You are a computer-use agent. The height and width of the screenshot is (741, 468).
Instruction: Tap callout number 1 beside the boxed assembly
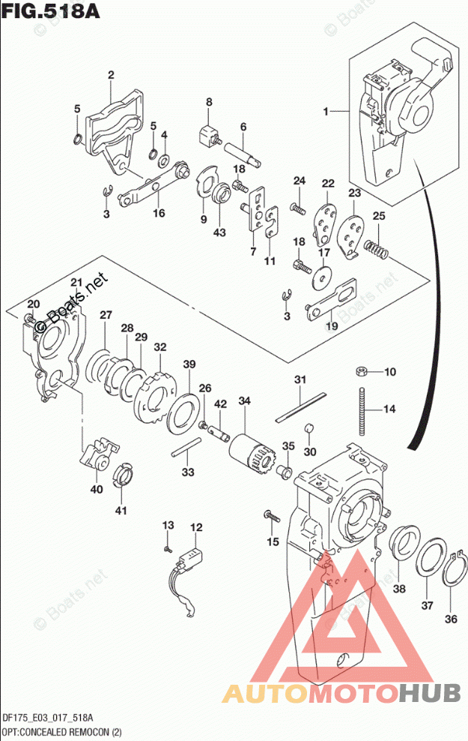pyautogui.click(x=326, y=112)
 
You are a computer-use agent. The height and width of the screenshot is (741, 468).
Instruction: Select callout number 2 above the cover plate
pyautogui.click(x=110, y=75)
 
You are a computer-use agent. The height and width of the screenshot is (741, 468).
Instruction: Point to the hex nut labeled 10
pyautogui.click(x=361, y=370)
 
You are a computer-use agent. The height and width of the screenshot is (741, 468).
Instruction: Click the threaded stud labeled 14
pyautogui.click(x=363, y=409)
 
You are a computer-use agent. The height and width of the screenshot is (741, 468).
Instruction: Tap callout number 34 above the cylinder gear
pyautogui.click(x=243, y=402)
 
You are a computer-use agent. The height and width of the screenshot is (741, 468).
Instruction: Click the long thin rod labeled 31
pyautogui.click(x=300, y=405)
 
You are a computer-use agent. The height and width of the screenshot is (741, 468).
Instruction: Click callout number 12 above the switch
pyautogui.click(x=195, y=529)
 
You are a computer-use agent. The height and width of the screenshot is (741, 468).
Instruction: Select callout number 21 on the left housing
pyautogui.click(x=76, y=282)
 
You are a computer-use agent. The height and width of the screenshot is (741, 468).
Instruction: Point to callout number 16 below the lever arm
pyautogui.click(x=158, y=213)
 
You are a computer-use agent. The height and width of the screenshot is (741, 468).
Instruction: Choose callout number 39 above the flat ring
pyautogui.click(x=189, y=364)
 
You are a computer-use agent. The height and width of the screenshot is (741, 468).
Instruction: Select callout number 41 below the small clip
pyautogui.click(x=121, y=511)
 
